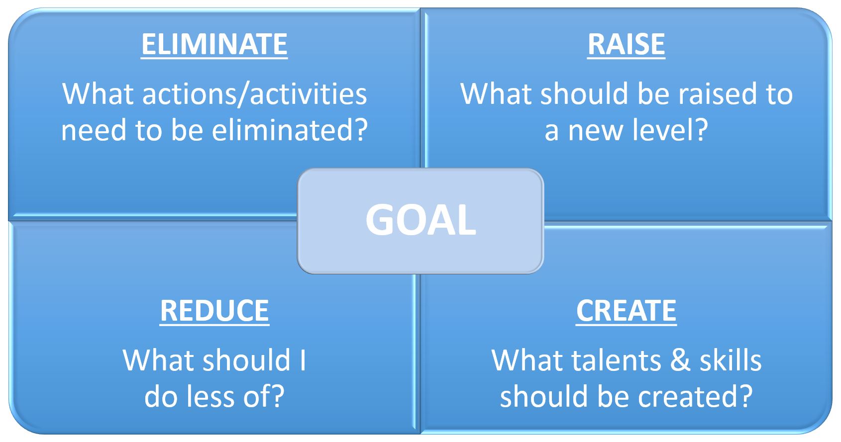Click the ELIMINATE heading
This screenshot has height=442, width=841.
(214, 45)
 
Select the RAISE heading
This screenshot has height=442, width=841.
(626, 45)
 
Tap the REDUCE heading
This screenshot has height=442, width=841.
(214, 311)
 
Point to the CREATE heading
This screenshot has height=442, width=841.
(626, 311)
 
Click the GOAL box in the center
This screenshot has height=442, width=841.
(420, 221)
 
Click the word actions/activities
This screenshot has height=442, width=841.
(255, 94)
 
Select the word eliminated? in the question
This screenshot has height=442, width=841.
(290, 130)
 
